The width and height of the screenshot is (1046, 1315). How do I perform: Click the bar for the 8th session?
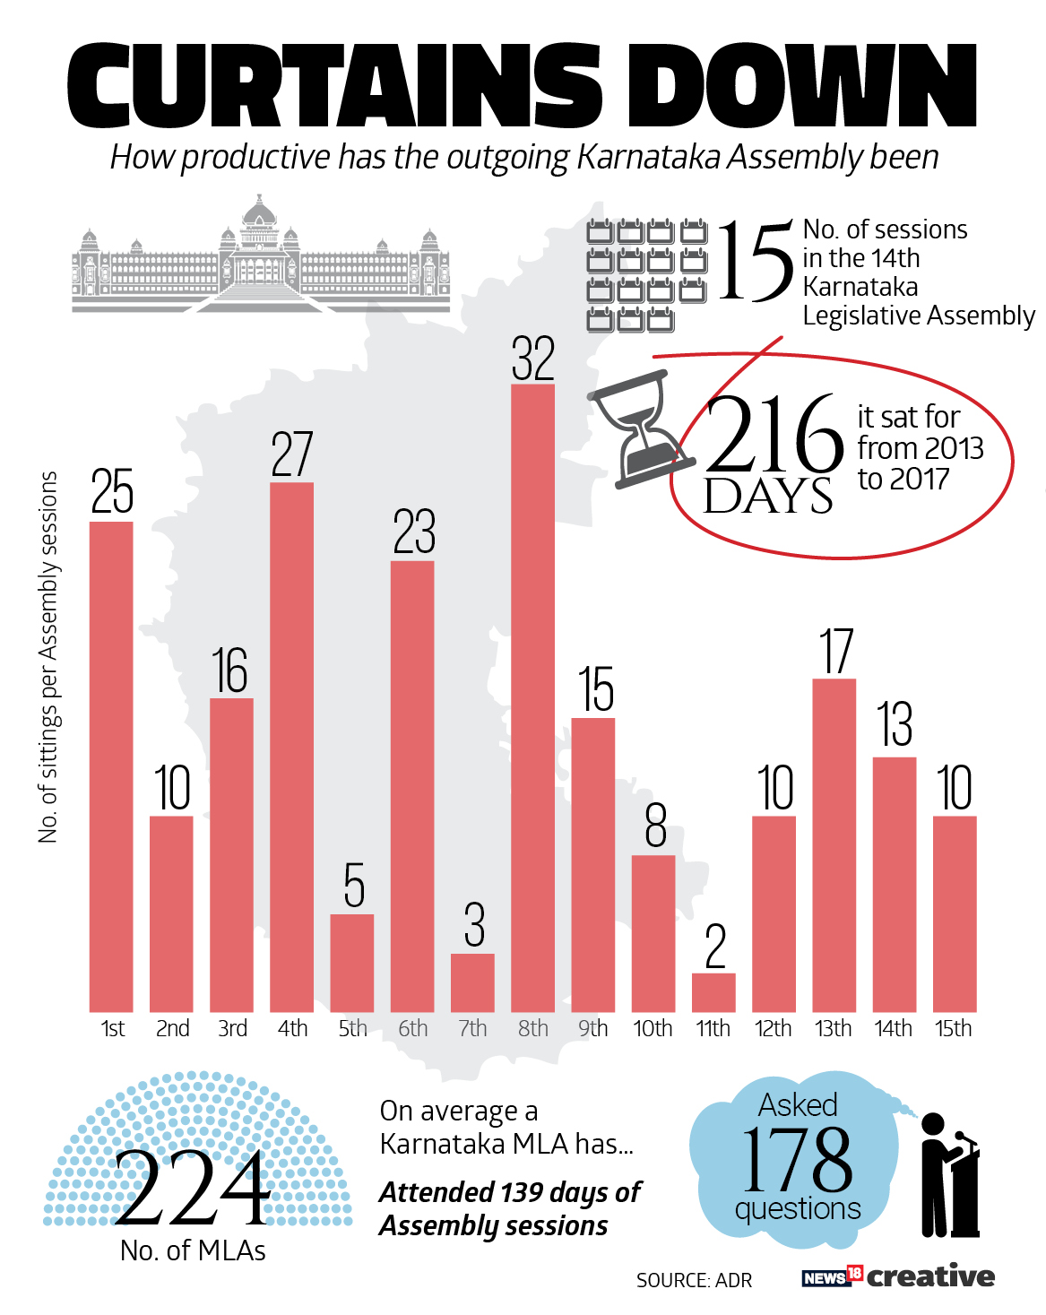tap(532, 697)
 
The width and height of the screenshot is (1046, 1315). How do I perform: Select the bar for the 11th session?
tap(713, 992)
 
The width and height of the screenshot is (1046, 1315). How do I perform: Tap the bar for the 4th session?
tap(291, 747)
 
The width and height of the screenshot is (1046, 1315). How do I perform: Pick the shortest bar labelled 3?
tap(472, 982)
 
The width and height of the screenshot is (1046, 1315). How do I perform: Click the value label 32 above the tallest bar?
tap(533, 359)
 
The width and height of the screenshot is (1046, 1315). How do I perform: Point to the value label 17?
tap(835, 651)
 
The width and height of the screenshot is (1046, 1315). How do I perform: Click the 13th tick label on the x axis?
tap(834, 1028)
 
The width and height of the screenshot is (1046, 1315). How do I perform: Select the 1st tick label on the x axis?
tap(112, 1028)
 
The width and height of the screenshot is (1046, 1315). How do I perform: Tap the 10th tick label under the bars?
tap(653, 1028)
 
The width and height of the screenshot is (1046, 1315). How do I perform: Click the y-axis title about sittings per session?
tap(48, 657)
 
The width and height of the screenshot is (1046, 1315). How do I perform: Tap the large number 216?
tap(773, 435)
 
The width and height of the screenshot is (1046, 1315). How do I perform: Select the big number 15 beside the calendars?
tap(755, 262)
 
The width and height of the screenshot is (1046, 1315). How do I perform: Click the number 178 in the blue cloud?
tap(797, 1159)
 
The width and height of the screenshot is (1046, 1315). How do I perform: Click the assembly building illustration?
tap(261, 255)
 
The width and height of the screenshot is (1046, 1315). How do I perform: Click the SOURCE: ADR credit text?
tap(694, 1280)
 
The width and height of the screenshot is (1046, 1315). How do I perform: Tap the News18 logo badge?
tap(832, 1276)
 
